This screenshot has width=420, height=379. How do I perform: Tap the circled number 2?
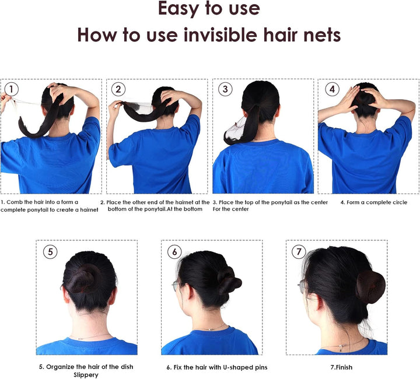[x=118, y=89]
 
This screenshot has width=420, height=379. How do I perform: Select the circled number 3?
[x=225, y=89]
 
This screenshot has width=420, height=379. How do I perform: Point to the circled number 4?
[x=331, y=89]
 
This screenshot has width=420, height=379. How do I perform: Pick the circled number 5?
[x=51, y=251]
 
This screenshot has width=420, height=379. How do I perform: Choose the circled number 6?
[x=174, y=251]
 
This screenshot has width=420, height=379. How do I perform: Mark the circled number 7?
[x=299, y=251]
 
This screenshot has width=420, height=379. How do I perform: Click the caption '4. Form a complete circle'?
[x=373, y=202]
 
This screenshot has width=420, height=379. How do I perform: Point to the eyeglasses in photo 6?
[x=176, y=286]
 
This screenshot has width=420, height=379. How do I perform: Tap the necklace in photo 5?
[x=87, y=336]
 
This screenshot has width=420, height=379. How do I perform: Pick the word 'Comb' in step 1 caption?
[x=15, y=202]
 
